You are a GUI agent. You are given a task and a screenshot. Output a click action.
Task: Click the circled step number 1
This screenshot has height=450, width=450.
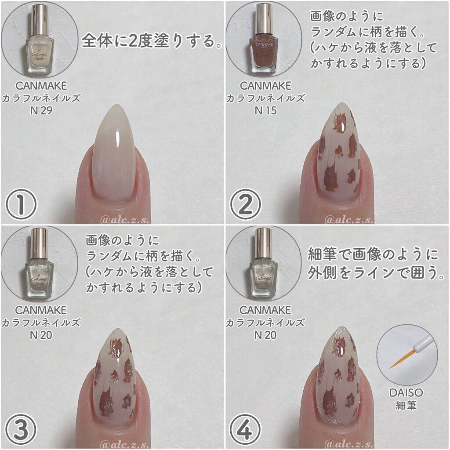[21, 204]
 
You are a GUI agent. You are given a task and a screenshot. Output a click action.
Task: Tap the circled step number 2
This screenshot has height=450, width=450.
[246, 204]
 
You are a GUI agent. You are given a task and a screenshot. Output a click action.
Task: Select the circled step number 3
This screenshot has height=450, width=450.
[21, 429]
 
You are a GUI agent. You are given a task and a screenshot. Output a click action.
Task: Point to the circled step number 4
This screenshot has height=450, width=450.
[245, 429]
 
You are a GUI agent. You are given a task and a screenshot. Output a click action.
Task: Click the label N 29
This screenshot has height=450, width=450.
[41, 111]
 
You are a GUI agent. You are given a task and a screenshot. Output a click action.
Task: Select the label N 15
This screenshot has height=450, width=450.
[266, 111]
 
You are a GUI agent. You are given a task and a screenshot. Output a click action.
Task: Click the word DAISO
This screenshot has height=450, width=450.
[406, 392]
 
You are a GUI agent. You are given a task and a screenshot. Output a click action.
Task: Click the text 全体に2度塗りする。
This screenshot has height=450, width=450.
[152, 41]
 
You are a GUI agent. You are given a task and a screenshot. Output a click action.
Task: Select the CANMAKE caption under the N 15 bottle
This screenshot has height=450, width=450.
[265, 86]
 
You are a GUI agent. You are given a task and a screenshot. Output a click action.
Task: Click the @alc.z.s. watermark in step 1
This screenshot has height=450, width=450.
[124, 220]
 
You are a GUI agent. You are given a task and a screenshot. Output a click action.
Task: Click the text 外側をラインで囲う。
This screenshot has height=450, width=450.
[376, 272]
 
